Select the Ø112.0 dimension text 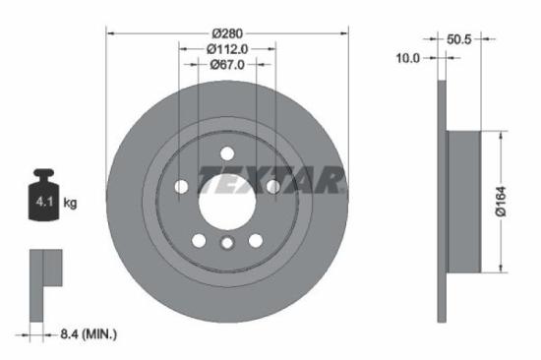pos(227,47)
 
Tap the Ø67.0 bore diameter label pos(227,65)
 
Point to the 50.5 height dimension pos(460,40)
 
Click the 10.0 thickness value pos(407,58)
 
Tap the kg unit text pos(70,204)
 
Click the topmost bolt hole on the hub pos(227,152)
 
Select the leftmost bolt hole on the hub pos(181,187)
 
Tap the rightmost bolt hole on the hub pos(273,186)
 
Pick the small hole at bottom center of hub pos(227,244)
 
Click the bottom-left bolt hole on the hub pos(199,241)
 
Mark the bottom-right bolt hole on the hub pos(256,241)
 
